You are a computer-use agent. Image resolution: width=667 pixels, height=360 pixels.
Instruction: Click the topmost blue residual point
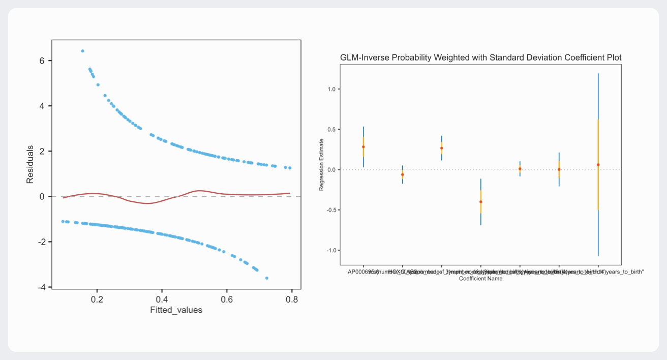coord(82,51)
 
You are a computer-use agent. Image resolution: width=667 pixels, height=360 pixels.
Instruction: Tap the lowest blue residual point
coord(267,278)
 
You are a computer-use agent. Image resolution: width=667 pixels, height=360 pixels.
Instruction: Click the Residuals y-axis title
coord(31,164)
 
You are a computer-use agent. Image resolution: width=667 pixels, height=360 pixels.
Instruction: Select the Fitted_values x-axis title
coord(176,310)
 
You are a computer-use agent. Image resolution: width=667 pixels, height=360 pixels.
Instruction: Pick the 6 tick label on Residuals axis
coord(42,61)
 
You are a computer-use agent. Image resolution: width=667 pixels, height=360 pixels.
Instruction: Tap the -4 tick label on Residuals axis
coord(41,287)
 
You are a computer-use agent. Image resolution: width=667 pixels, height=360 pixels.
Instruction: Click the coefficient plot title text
coord(480,57)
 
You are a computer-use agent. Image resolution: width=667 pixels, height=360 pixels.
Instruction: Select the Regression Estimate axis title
coord(321,169)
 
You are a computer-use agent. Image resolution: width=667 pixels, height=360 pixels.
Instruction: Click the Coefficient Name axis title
coord(480,279)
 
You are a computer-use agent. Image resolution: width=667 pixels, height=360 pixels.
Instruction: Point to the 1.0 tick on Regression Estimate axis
coord(331,89)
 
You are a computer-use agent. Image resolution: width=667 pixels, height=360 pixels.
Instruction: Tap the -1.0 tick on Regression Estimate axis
coord(330,250)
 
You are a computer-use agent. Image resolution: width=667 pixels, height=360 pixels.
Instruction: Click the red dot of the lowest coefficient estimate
coord(480,202)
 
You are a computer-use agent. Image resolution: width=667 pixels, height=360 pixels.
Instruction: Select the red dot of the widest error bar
coord(598,165)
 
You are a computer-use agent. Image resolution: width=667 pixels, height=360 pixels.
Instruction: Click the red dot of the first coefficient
coord(363,147)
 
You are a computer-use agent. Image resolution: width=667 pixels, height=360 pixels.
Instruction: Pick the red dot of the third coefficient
coord(441,148)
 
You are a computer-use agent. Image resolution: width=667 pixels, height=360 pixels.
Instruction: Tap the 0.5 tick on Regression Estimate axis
coord(331,129)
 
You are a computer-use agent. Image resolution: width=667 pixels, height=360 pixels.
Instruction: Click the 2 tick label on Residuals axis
coord(42,152)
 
